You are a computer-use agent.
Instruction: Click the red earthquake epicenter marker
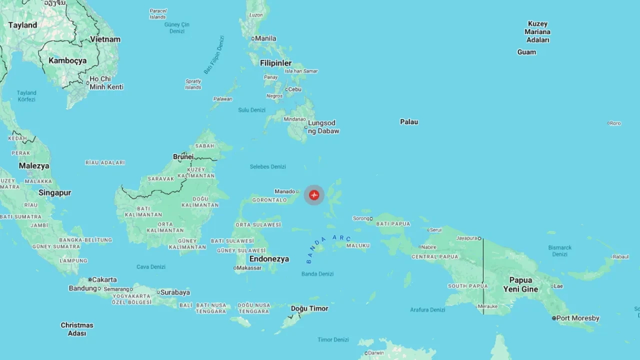314,195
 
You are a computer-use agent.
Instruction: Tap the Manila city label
265,38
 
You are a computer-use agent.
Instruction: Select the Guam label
526,52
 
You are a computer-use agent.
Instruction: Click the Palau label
409,121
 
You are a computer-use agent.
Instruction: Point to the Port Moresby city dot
554,318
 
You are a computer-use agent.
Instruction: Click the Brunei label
183,156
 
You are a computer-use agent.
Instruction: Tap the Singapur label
55,192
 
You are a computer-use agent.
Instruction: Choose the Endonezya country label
269,259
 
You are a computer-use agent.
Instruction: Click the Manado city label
284,191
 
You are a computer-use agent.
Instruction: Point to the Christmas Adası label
77,329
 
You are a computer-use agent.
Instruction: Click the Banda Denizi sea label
317,273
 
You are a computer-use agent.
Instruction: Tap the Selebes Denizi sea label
268,166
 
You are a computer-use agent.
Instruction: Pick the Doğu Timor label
309,308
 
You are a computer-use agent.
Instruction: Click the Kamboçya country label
67,60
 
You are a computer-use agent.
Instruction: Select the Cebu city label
295,89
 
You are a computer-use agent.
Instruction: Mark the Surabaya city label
175,292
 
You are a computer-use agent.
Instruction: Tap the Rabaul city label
620,256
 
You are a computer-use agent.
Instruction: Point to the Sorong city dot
371,218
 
